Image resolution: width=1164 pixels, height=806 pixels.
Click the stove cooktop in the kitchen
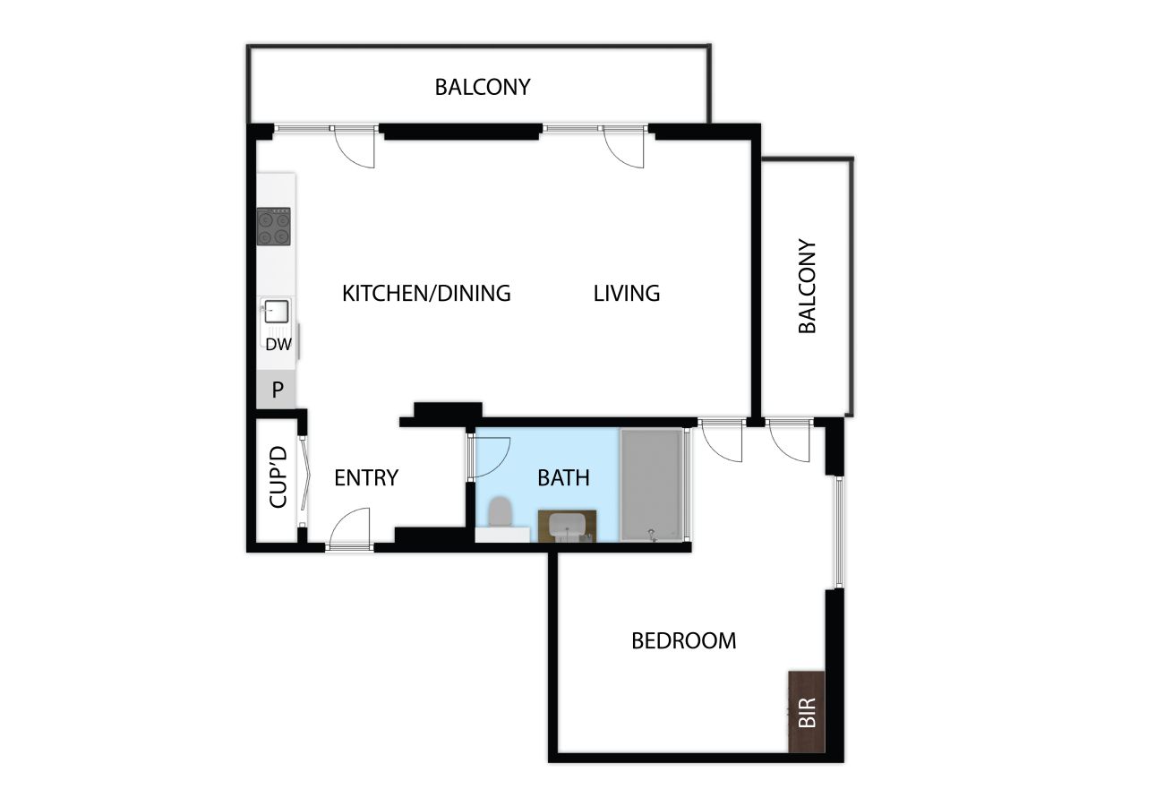[x=273, y=227]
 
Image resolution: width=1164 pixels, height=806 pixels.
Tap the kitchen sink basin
[x=276, y=312]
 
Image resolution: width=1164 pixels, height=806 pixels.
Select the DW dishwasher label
[x=278, y=344]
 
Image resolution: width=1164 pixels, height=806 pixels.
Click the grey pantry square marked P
[x=277, y=389]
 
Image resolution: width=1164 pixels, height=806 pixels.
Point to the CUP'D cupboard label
[x=278, y=476]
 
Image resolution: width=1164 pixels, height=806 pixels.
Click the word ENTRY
[x=366, y=477]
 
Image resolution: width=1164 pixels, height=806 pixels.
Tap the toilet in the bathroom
[x=501, y=512]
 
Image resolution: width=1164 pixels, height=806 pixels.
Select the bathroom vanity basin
[x=567, y=526]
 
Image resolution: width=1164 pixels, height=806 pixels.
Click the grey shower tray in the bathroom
[x=652, y=484]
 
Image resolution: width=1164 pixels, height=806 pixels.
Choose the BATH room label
[x=563, y=477]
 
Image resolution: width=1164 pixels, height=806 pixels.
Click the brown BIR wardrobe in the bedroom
[x=807, y=711]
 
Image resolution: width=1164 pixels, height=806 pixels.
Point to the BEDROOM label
[x=684, y=640]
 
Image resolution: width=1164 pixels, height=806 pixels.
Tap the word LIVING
[x=627, y=293]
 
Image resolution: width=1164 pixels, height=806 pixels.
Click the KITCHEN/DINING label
[x=426, y=293]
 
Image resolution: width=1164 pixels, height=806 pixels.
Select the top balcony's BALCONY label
[x=483, y=87]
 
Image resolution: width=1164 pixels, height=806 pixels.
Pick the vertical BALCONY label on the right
[x=807, y=286]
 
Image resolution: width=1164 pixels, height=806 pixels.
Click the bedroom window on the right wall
[x=838, y=532]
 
